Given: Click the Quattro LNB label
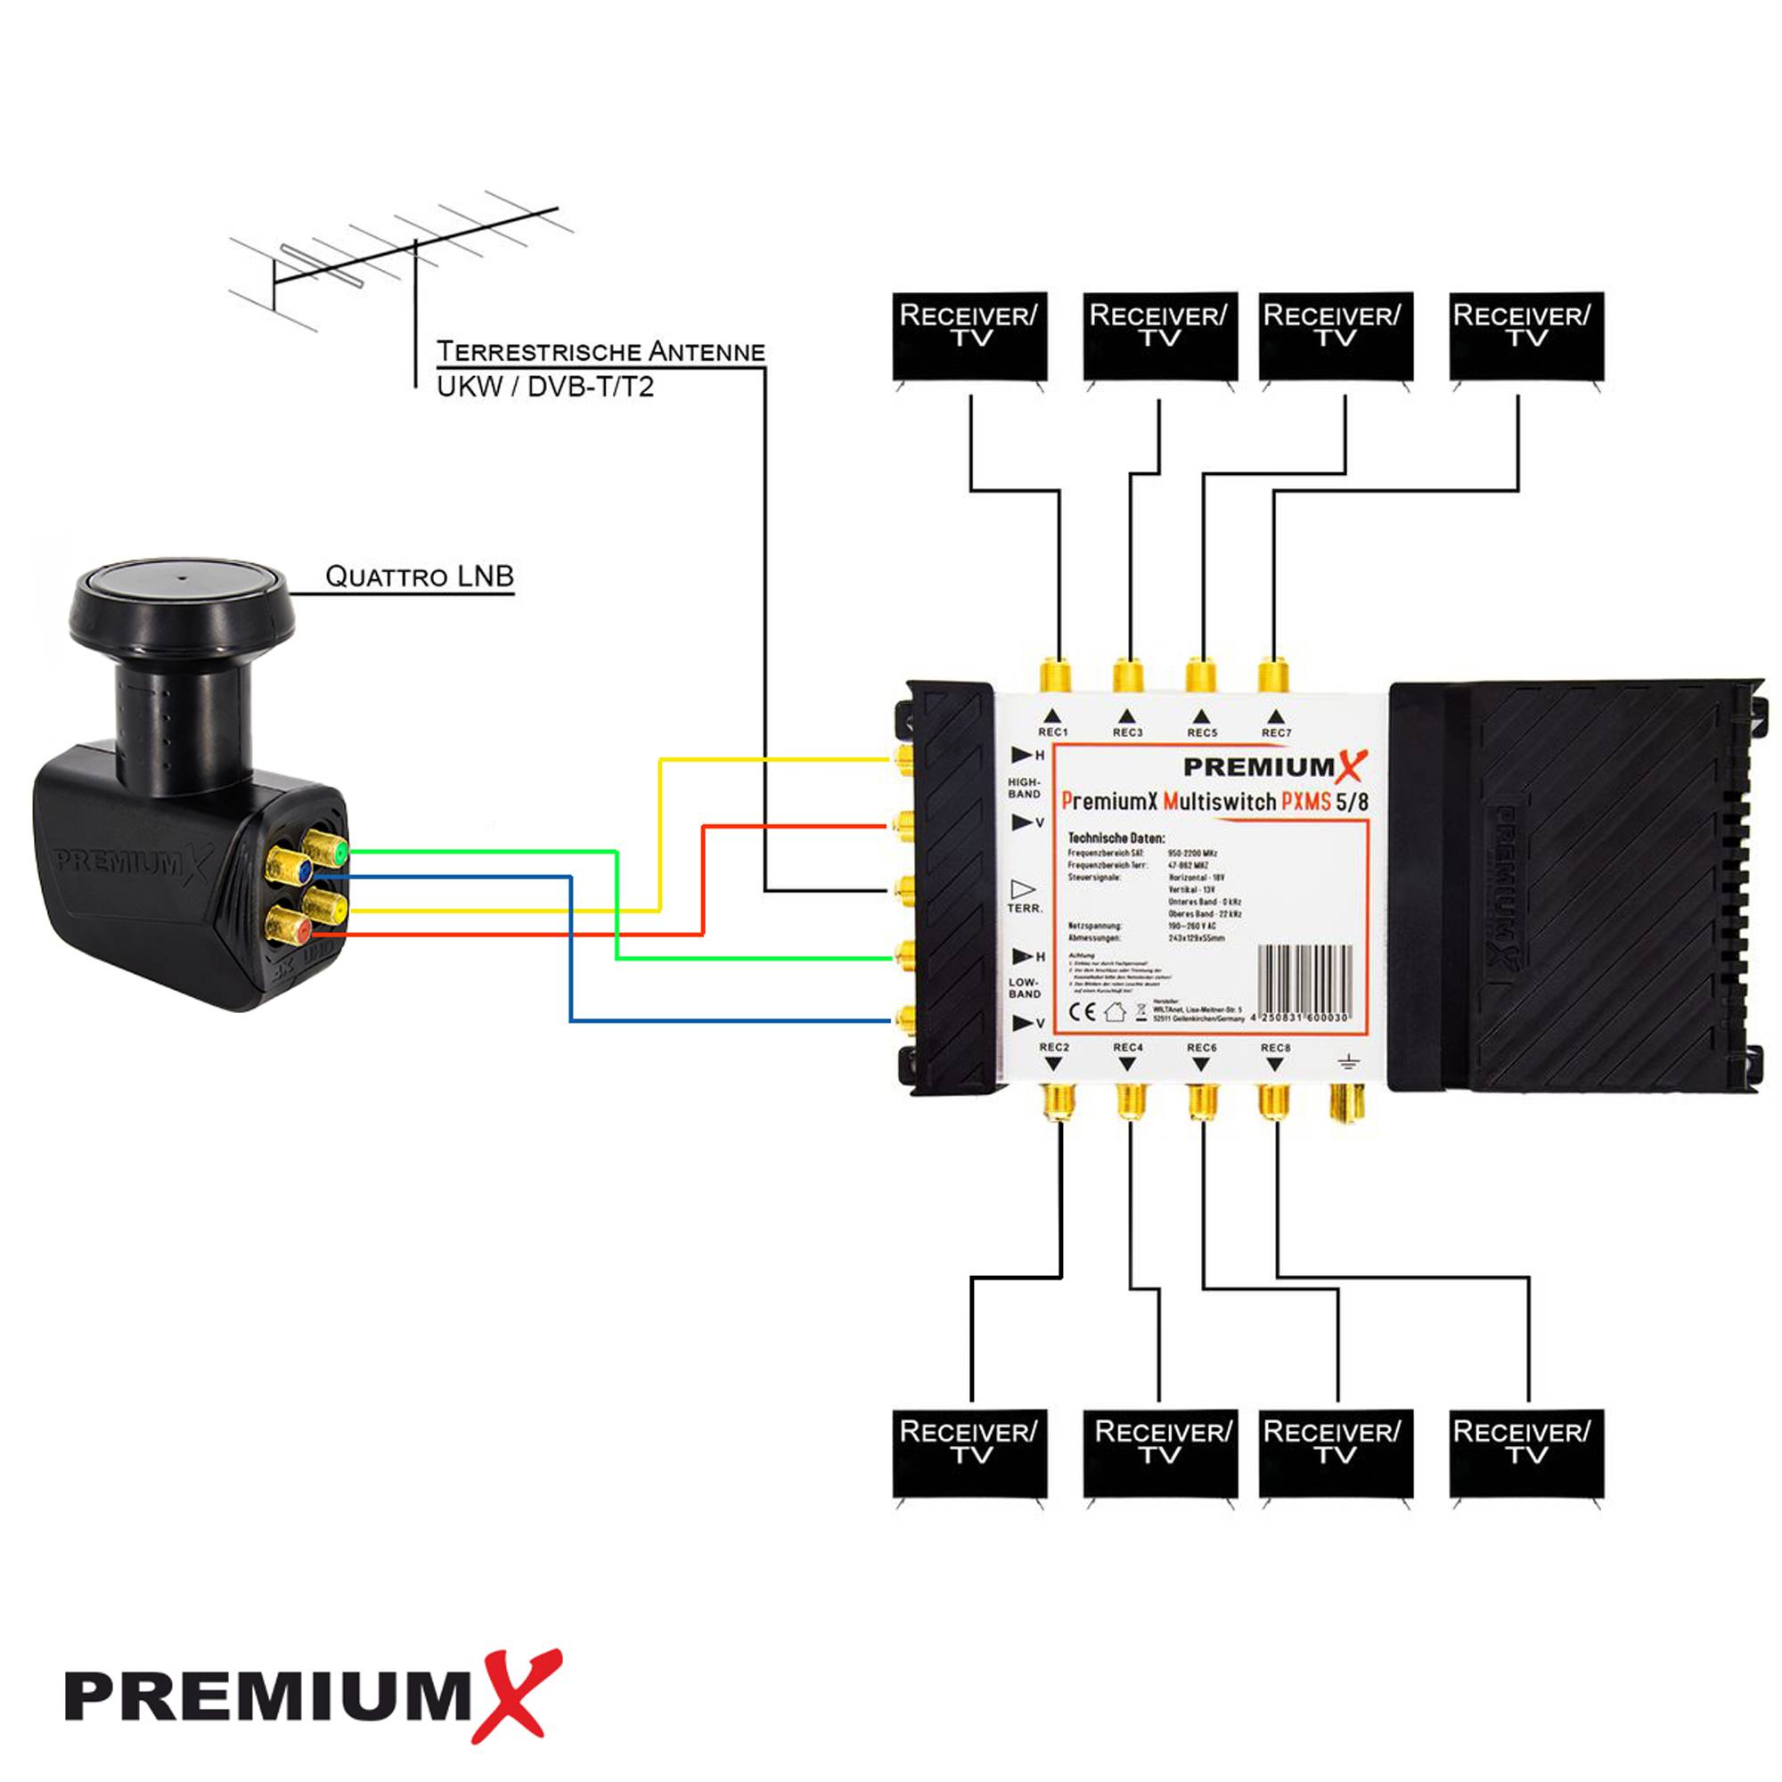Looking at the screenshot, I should tap(420, 576).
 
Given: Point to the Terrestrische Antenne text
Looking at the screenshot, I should tap(601, 351).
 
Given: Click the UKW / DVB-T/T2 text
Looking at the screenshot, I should tap(545, 387).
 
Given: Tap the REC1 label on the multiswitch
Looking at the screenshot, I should tap(1053, 732).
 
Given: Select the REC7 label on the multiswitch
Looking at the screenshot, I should tap(1277, 732).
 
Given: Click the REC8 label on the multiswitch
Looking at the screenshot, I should tap(1276, 1048).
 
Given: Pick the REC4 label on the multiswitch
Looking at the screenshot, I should tap(1128, 1048).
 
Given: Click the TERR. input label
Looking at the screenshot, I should tap(1025, 909).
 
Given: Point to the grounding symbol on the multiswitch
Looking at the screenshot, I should tap(1348, 1063).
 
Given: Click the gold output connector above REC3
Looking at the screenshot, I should tap(1128, 675).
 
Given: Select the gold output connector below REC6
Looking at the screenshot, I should tap(1202, 1101).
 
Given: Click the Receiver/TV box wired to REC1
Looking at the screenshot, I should tap(969, 336).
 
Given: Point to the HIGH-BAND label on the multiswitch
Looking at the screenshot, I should tap(1024, 788).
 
